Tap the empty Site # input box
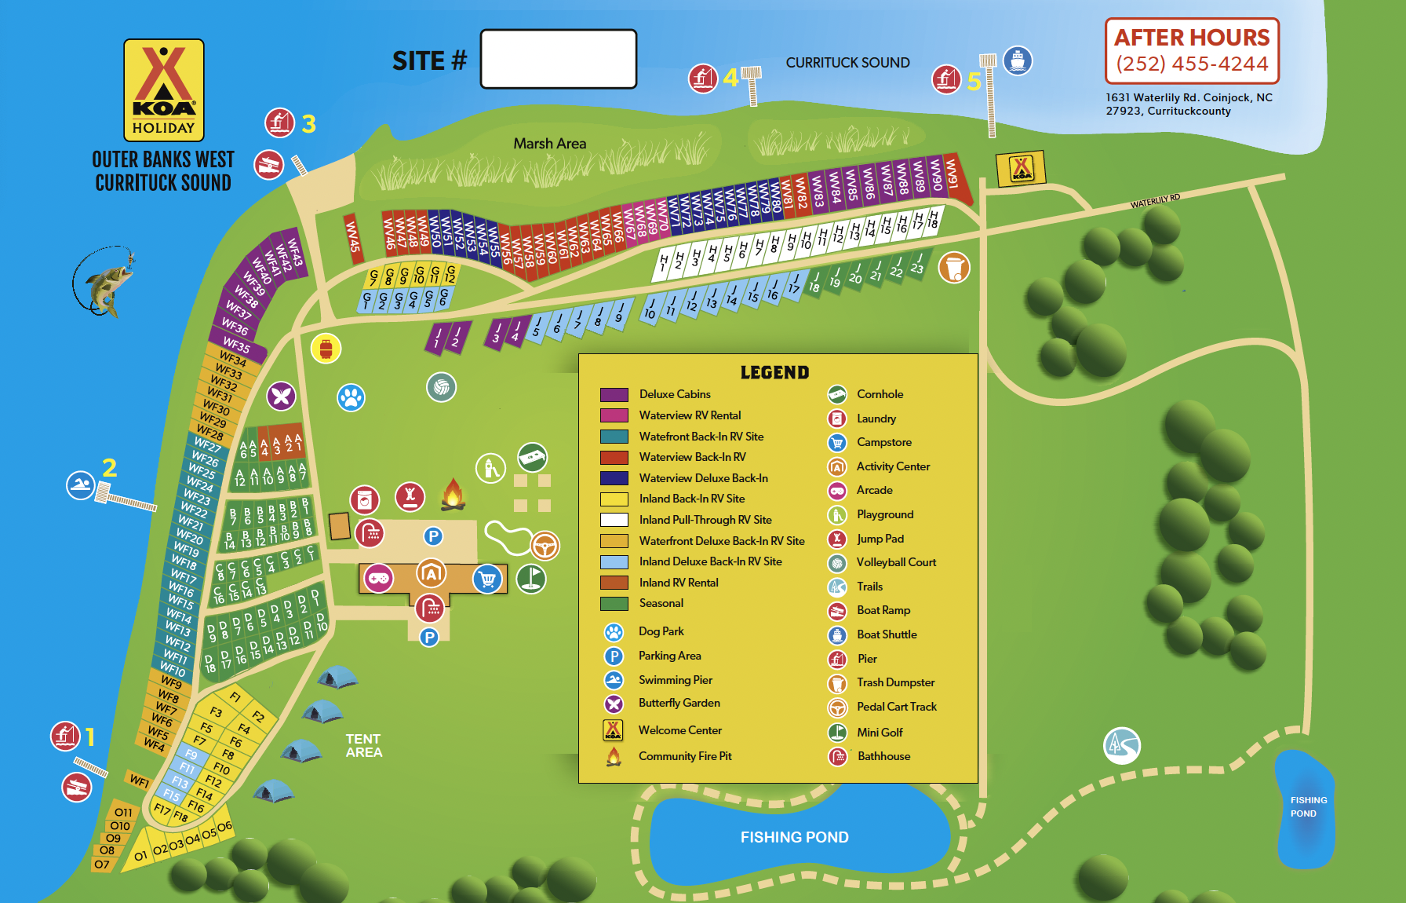pos(558,59)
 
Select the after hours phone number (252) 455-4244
pos(1192,64)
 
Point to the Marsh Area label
pos(549,144)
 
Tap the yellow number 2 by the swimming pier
pos(110,468)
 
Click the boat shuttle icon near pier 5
pos(1018,60)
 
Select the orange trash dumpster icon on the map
pos(954,268)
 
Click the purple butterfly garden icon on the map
pos(281,396)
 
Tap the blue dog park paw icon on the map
pos(351,397)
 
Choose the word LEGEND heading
pos(774,373)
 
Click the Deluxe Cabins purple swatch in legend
pos(614,394)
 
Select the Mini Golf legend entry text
pos(880,733)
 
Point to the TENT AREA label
pos(363,745)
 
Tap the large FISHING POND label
pos(794,837)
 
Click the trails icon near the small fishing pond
pos(1121,745)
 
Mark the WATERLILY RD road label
pos(1155,201)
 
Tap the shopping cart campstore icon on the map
pos(487,579)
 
